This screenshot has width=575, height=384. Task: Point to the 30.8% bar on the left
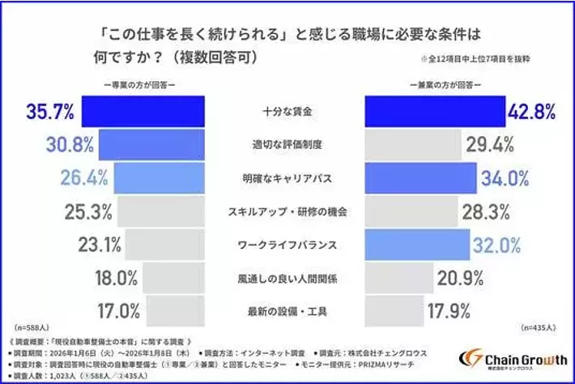150,144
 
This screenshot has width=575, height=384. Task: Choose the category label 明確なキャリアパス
287,178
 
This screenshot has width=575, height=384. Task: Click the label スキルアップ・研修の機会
287,211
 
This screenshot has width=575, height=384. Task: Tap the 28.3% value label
485,211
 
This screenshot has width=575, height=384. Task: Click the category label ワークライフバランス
287,244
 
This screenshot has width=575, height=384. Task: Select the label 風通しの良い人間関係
287,278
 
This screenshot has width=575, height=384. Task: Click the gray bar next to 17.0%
177,310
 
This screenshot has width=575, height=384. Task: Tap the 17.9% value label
447,311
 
